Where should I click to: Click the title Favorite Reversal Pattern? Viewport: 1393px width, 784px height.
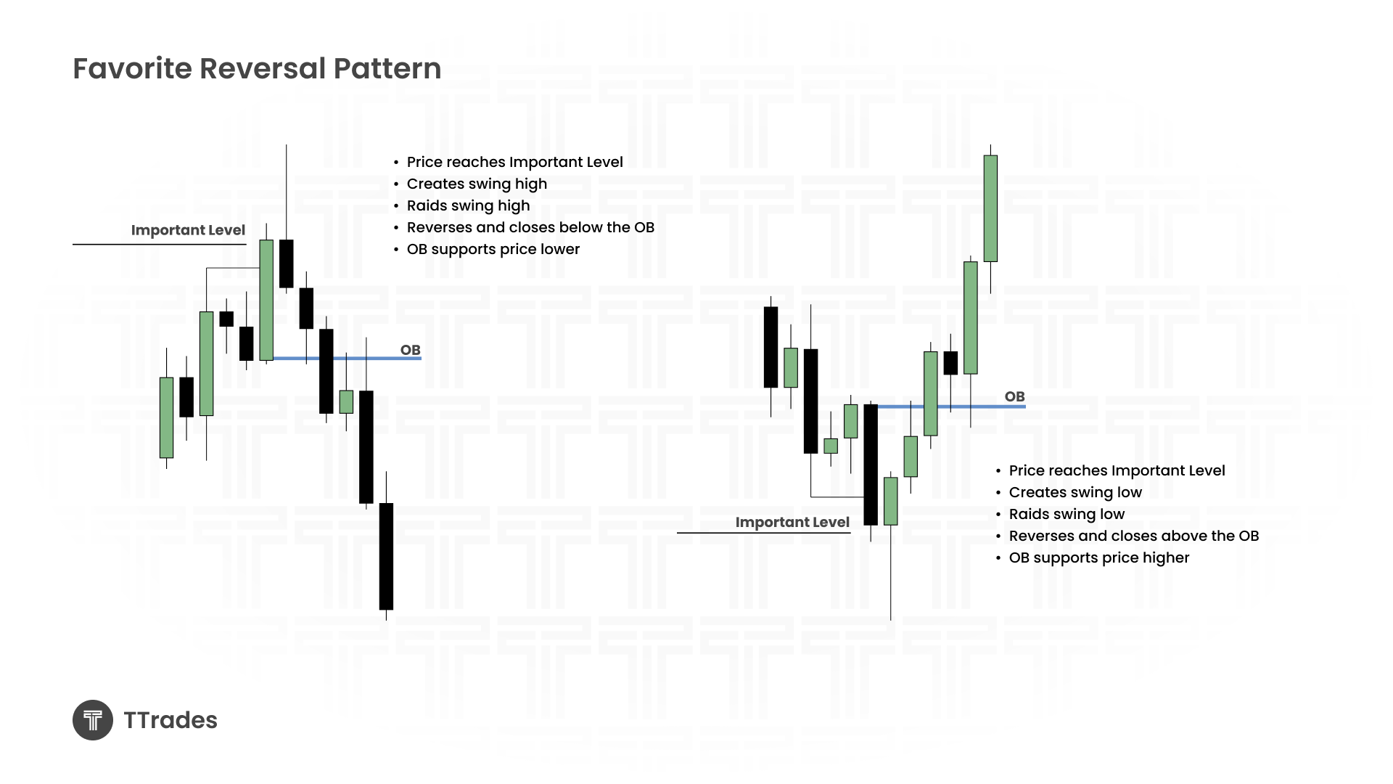pos(257,69)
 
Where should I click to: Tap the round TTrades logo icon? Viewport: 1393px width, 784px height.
pos(93,720)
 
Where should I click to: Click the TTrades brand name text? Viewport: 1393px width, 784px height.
pos(170,720)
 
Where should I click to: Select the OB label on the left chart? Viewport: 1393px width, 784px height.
pos(411,350)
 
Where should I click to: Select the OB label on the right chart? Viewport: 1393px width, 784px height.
pos(1015,396)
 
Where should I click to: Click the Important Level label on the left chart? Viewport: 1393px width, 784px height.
pos(188,230)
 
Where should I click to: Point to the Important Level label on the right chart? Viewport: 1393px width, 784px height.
pos(792,522)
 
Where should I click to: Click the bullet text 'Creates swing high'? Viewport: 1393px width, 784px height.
pos(477,184)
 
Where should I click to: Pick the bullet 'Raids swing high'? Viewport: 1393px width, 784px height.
pos(468,205)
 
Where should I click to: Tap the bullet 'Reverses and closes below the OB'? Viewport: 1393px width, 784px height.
pos(530,227)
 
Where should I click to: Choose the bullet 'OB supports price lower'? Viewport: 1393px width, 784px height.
pos(493,249)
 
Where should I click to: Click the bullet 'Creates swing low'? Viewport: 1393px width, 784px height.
pos(1075,492)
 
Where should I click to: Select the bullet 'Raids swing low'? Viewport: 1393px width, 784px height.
pos(1067,514)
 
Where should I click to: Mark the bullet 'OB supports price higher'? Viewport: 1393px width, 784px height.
pos(1099,558)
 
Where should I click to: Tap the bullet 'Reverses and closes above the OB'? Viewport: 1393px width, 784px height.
pos(1134,536)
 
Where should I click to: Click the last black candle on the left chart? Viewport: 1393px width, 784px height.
pos(386,556)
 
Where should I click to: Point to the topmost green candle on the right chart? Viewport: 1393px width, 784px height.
pos(990,208)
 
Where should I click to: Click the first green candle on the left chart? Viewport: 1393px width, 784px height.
pos(166,417)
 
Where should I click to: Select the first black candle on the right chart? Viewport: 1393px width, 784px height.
pos(771,347)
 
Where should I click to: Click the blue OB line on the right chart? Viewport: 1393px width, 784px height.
pos(951,407)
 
